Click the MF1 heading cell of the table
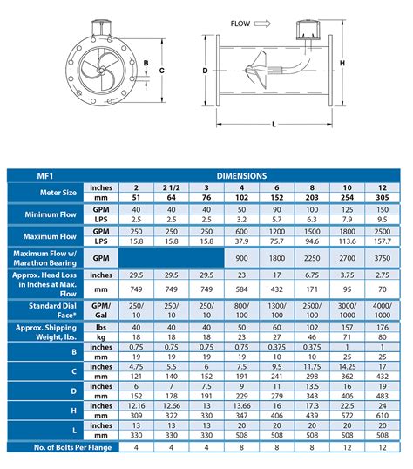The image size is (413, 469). pyautogui.click(x=30, y=176)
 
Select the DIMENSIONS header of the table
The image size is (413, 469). pyautogui.click(x=241, y=176)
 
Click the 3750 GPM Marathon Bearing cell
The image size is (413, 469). pyautogui.click(x=381, y=259)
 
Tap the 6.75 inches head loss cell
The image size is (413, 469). pyautogui.click(x=311, y=275)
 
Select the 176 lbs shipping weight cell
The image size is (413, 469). pyautogui.click(x=381, y=326)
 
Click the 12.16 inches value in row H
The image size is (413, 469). pyautogui.click(x=135, y=406)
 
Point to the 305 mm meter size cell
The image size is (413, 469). pyautogui.click(x=381, y=198)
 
